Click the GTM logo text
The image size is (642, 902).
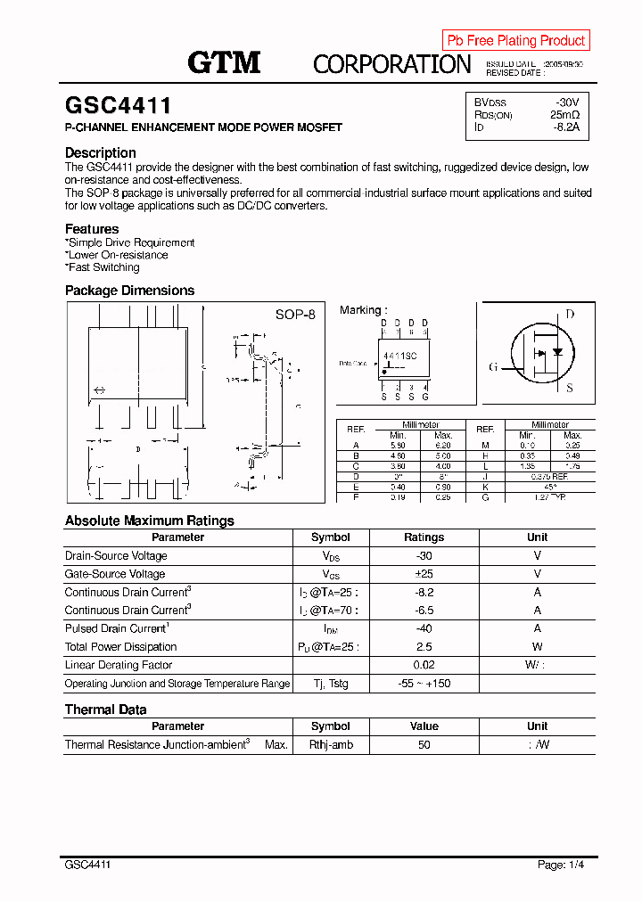224,62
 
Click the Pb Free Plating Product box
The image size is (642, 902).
515,40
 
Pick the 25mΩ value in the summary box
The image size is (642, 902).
564,115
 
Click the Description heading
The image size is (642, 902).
100,152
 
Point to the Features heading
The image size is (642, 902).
91,229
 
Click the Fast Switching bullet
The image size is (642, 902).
103,267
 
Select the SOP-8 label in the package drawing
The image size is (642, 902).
294,315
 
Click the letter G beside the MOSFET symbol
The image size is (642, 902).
492,367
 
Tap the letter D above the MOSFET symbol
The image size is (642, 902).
570,314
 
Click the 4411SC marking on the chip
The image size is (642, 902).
399,356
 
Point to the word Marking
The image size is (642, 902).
360,310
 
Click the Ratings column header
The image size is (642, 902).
424,537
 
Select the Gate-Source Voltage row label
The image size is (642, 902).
114,574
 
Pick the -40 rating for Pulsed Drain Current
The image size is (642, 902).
424,628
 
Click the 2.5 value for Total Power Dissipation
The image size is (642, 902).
424,647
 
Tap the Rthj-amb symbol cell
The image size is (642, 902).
331,744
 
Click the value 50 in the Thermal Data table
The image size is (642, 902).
424,744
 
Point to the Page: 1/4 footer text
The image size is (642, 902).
561,865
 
